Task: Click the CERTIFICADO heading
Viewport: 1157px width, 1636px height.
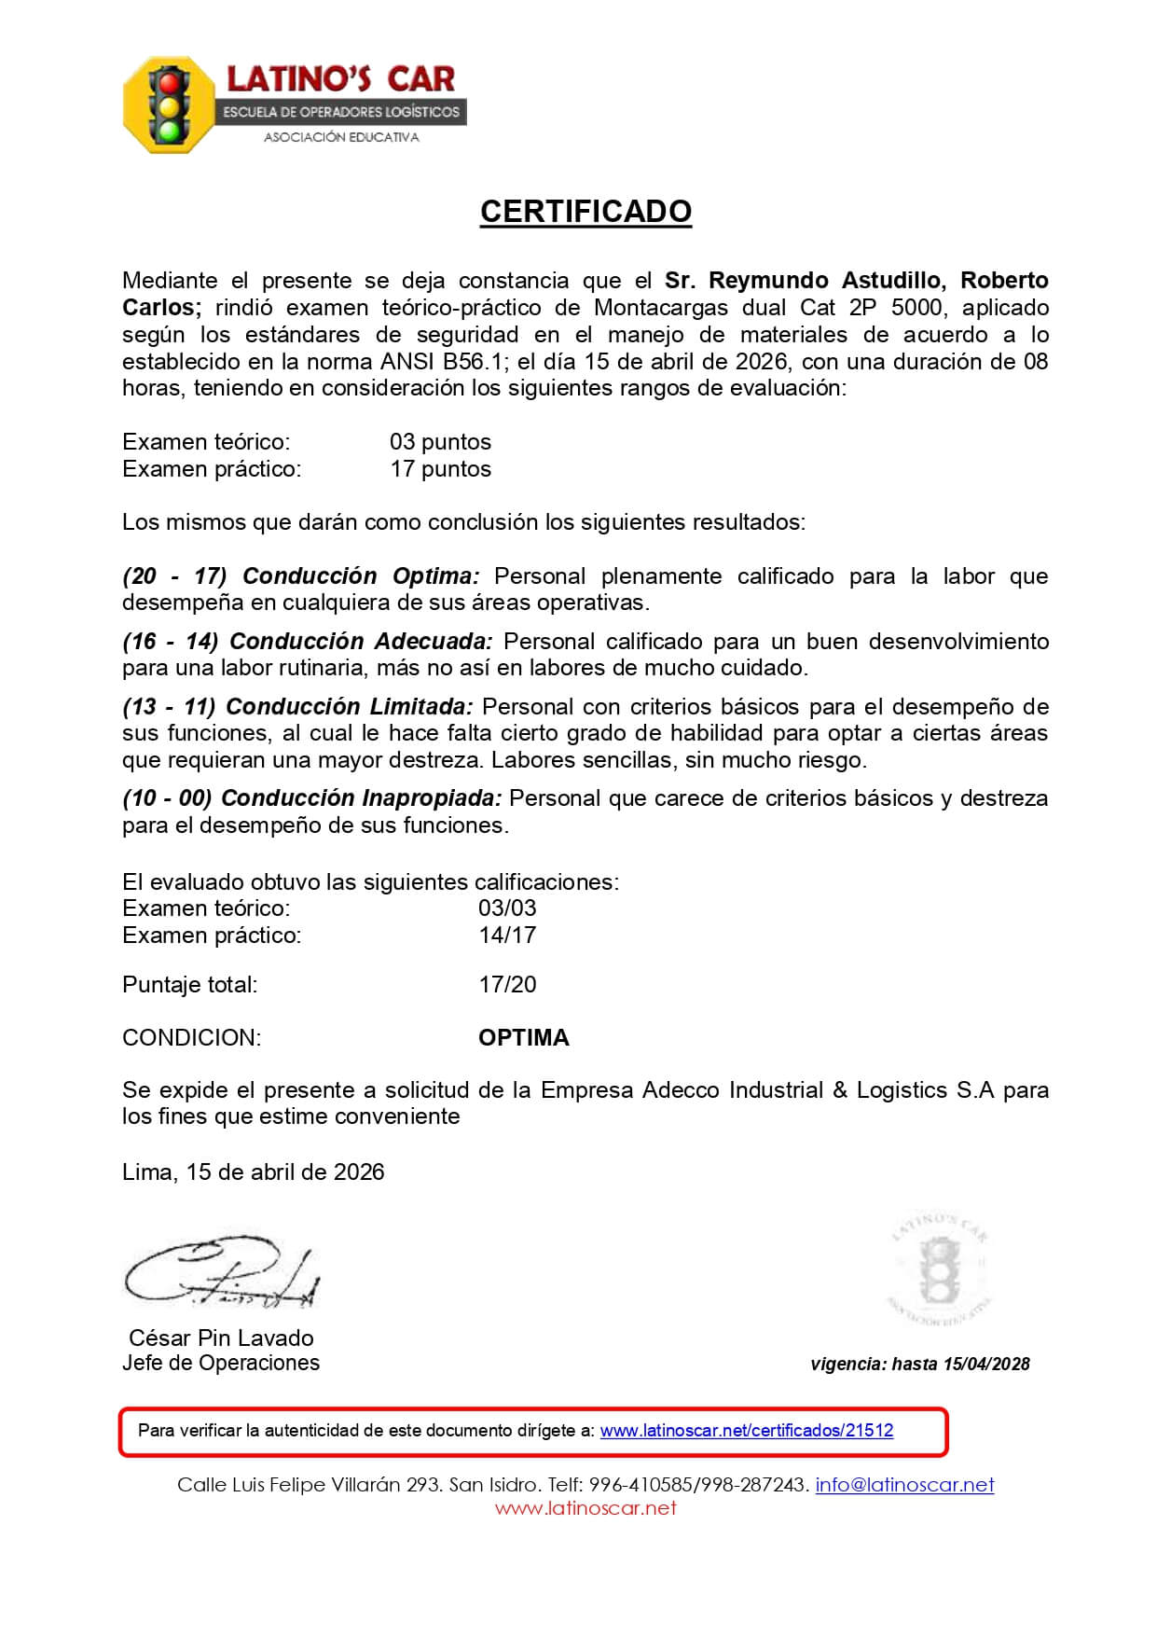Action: [x=585, y=212]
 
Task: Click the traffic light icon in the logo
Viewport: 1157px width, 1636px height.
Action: [x=170, y=104]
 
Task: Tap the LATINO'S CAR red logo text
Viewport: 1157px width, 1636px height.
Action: [x=341, y=78]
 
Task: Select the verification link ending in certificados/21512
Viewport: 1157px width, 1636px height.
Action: [x=746, y=1430]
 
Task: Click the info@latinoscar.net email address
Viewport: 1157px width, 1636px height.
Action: [x=904, y=1485]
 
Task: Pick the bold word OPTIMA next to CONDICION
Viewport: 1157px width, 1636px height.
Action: [x=523, y=1037]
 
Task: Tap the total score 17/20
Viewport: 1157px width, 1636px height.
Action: [x=507, y=984]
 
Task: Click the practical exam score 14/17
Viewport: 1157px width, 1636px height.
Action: [x=507, y=935]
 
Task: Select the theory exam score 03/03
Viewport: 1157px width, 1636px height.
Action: [x=507, y=908]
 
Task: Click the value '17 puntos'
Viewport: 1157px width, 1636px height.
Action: [x=440, y=468]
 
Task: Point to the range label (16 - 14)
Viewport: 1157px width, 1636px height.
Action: [x=171, y=641]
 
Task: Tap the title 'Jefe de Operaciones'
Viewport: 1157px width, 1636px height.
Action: [x=221, y=1363]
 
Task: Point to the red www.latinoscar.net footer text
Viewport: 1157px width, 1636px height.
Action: [x=585, y=1508]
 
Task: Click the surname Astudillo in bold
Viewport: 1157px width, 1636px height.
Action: [x=892, y=281]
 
